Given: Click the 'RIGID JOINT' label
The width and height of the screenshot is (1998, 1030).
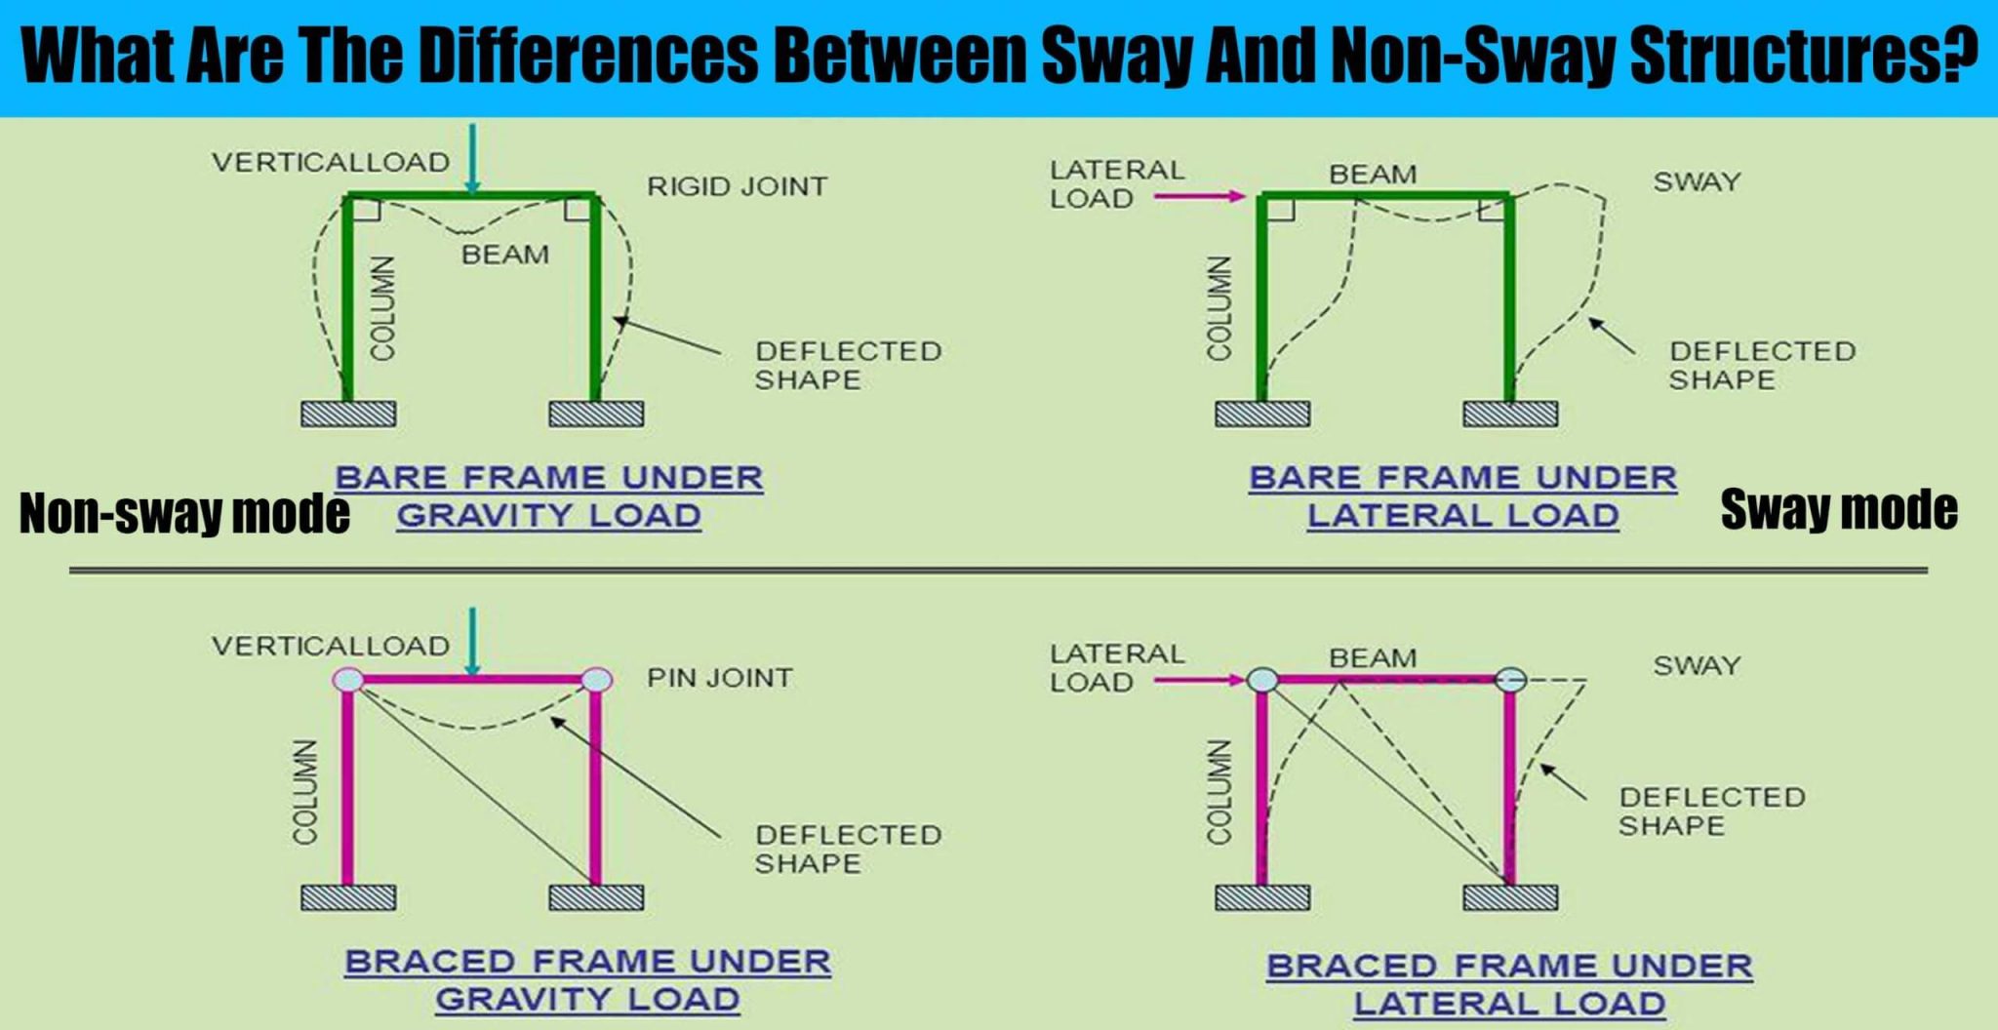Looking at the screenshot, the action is pyautogui.click(x=737, y=186).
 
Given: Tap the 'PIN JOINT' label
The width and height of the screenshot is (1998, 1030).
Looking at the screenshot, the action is pyautogui.click(x=720, y=678).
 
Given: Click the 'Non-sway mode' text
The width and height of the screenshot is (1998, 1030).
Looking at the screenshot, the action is pyautogui.click(x=184, y=513).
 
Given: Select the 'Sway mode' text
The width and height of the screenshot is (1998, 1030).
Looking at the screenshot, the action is pyautogui.click(x=1839, y=509).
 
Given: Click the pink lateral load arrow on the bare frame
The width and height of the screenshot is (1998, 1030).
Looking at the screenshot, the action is pyautogui.click(x=1200, y=196).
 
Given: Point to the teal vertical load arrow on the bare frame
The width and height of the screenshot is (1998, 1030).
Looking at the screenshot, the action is pyautogui.click(x=472, y=158).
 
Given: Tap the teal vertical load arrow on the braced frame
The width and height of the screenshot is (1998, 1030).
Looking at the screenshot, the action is pyautogui.click(x=472, y=641).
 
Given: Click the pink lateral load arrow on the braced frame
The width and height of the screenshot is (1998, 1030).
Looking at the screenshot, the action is pyautogui.click(x=1200, y=680).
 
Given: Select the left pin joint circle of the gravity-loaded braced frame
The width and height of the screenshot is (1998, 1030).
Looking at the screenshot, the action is pyautogui.click(x=348, y=680).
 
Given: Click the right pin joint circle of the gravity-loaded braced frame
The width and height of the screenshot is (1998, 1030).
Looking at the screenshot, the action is pyautogui.click(x=597, y=680).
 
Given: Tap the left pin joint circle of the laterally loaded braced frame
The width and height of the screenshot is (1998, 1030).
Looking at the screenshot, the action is pyautogui.click(x=1262, y=680).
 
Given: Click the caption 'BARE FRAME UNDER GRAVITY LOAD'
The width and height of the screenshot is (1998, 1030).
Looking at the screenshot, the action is pyautogui.click(x=549, y=496).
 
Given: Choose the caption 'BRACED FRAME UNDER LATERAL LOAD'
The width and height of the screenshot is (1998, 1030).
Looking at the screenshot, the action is pyautogui.click(x=1509, y=984).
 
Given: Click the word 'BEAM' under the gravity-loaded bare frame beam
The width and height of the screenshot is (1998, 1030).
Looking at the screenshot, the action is pyautogui.click(x=505, y=255).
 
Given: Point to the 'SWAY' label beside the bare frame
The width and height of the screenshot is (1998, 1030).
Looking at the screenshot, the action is pyautogui.click(x=1697, y=182).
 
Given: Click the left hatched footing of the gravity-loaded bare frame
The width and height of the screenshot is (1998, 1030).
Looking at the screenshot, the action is pyautogui.click(x=348, y=414).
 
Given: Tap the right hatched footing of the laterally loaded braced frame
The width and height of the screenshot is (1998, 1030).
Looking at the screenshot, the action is pyautogui.click(x=1510, y=897).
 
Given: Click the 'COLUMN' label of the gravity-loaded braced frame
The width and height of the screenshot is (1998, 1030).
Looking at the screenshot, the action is pyautogui.click(x=306, y=792).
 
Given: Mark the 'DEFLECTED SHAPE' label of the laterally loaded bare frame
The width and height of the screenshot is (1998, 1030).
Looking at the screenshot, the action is pyautogui.click(x=1762, y=365).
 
